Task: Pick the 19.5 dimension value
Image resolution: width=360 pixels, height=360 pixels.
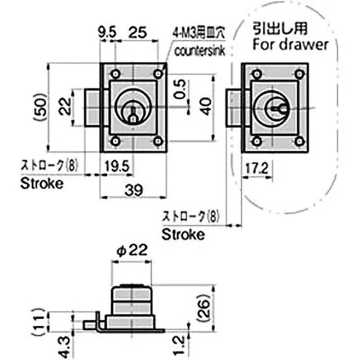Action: (117, 167)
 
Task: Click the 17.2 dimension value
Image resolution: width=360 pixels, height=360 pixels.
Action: (257, 169)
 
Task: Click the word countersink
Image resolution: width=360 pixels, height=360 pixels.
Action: (197, 50)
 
